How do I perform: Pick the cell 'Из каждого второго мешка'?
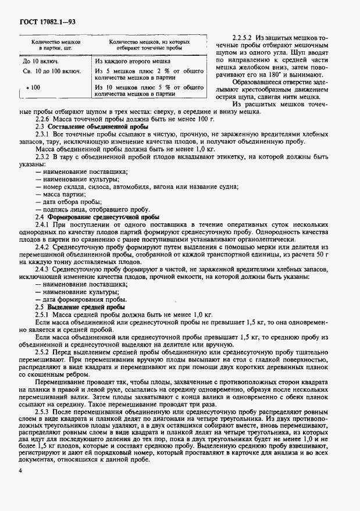pyautogui.click(x=133, y=60)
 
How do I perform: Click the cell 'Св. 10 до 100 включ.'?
pyautogui.click(x=51, y=72)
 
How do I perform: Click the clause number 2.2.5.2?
pyautogui.click(x=244, y=37)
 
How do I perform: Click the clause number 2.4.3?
pyautogui.click(x=45, y=269)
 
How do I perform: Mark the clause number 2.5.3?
pyautogui.click(x=45, y=411)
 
